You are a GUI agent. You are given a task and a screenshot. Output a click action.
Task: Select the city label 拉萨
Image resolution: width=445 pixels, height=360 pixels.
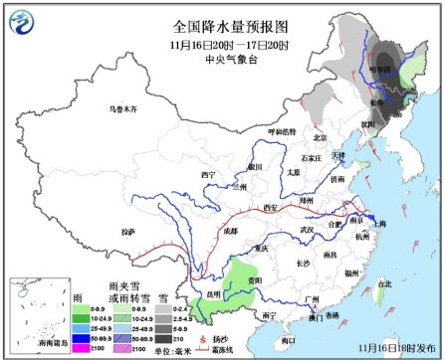[127, 232]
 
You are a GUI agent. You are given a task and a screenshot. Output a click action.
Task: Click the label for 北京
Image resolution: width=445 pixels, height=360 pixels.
[320, 137]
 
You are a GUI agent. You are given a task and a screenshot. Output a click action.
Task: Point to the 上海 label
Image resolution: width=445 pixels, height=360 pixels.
[377, 224]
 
